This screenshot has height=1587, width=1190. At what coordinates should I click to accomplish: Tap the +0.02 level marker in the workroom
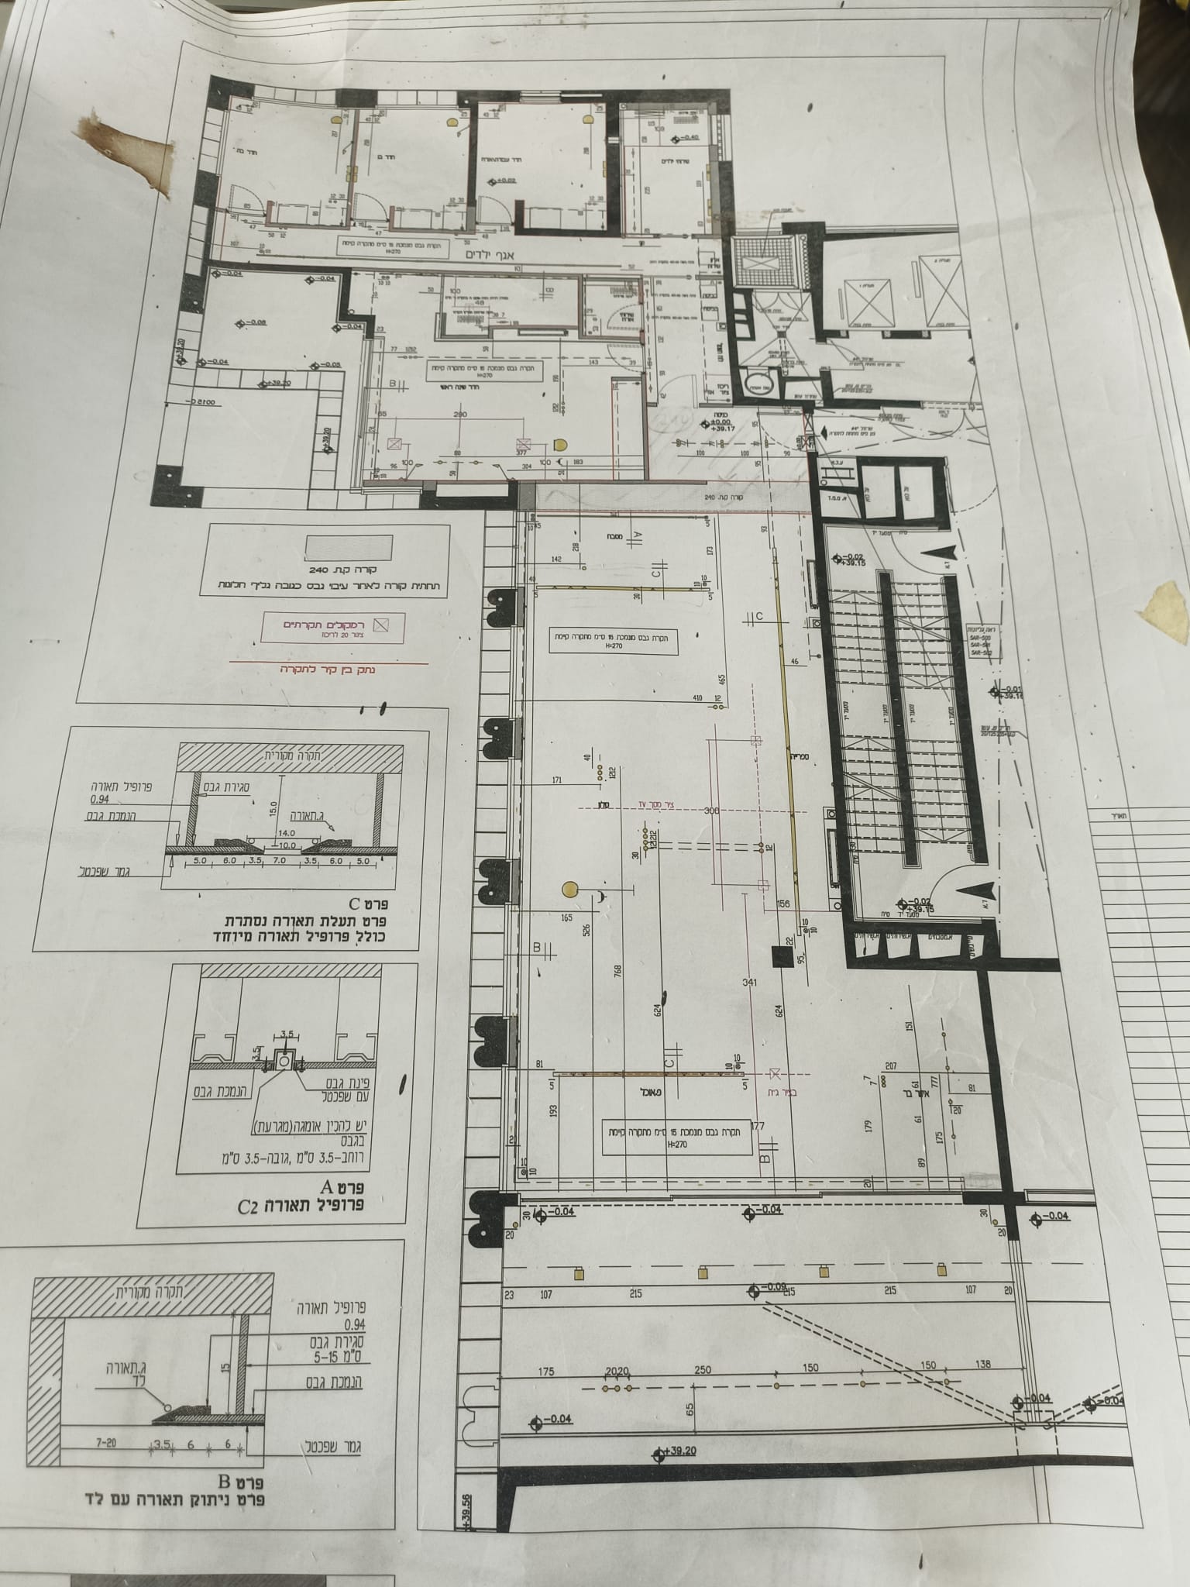[x=505, y=181]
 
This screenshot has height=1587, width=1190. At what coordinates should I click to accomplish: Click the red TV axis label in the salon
[x=660, y=804]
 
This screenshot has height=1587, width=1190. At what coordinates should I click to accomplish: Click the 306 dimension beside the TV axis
[x=712, y=811]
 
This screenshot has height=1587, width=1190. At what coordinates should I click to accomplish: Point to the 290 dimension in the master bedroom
[x=461, y=415]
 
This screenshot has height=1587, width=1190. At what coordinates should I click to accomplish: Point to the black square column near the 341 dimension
[x=779, y=956]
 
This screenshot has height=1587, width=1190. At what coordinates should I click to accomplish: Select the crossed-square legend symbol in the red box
[x=380, y=624]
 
